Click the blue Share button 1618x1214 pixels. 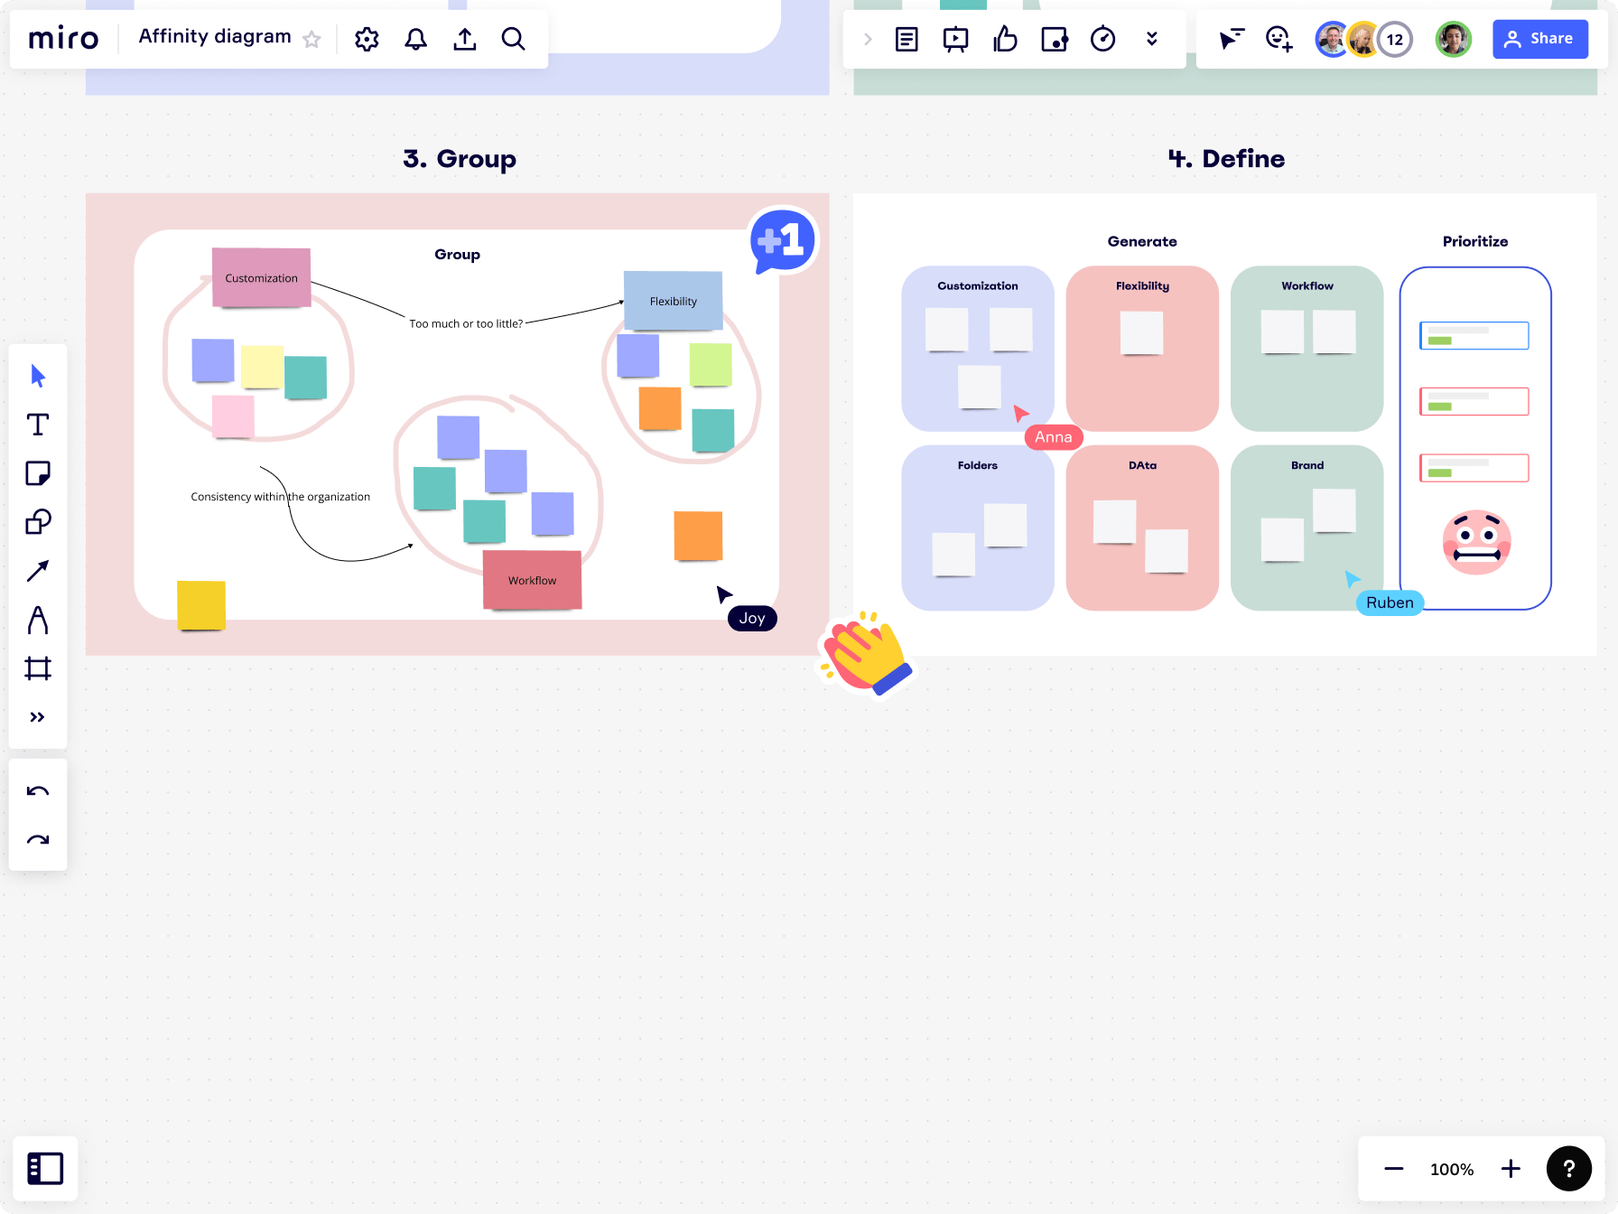(x=1539, y=39)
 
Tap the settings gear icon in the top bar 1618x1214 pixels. (x=367, y=39)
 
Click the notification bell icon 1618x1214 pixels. (x=415, y=39)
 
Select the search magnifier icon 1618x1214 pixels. (x=513, y=39)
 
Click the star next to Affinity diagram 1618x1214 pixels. (x=312, y=39)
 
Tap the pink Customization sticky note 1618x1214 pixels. (x=261, y=277)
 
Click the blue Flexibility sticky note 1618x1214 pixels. (x=673, y=301)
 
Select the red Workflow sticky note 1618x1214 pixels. (x=532, y=580)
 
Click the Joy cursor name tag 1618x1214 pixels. (x=752, y=618)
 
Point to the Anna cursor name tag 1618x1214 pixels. (x=1053, y=437)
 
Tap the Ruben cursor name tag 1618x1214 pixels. (x=1389, y=602)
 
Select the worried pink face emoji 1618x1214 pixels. (x=1476, y=542)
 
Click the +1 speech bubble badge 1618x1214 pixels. (x=782, y=240)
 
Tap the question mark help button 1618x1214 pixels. (x=1568, y=1169)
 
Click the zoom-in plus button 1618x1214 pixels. (x=1511, y=1169)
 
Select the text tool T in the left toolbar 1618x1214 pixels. (x=38, y=425)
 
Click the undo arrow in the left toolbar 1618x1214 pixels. (x=38, y=791)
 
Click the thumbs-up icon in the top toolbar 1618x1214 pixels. (x=1005, y=39)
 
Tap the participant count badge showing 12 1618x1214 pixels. (x=1395, y=39)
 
